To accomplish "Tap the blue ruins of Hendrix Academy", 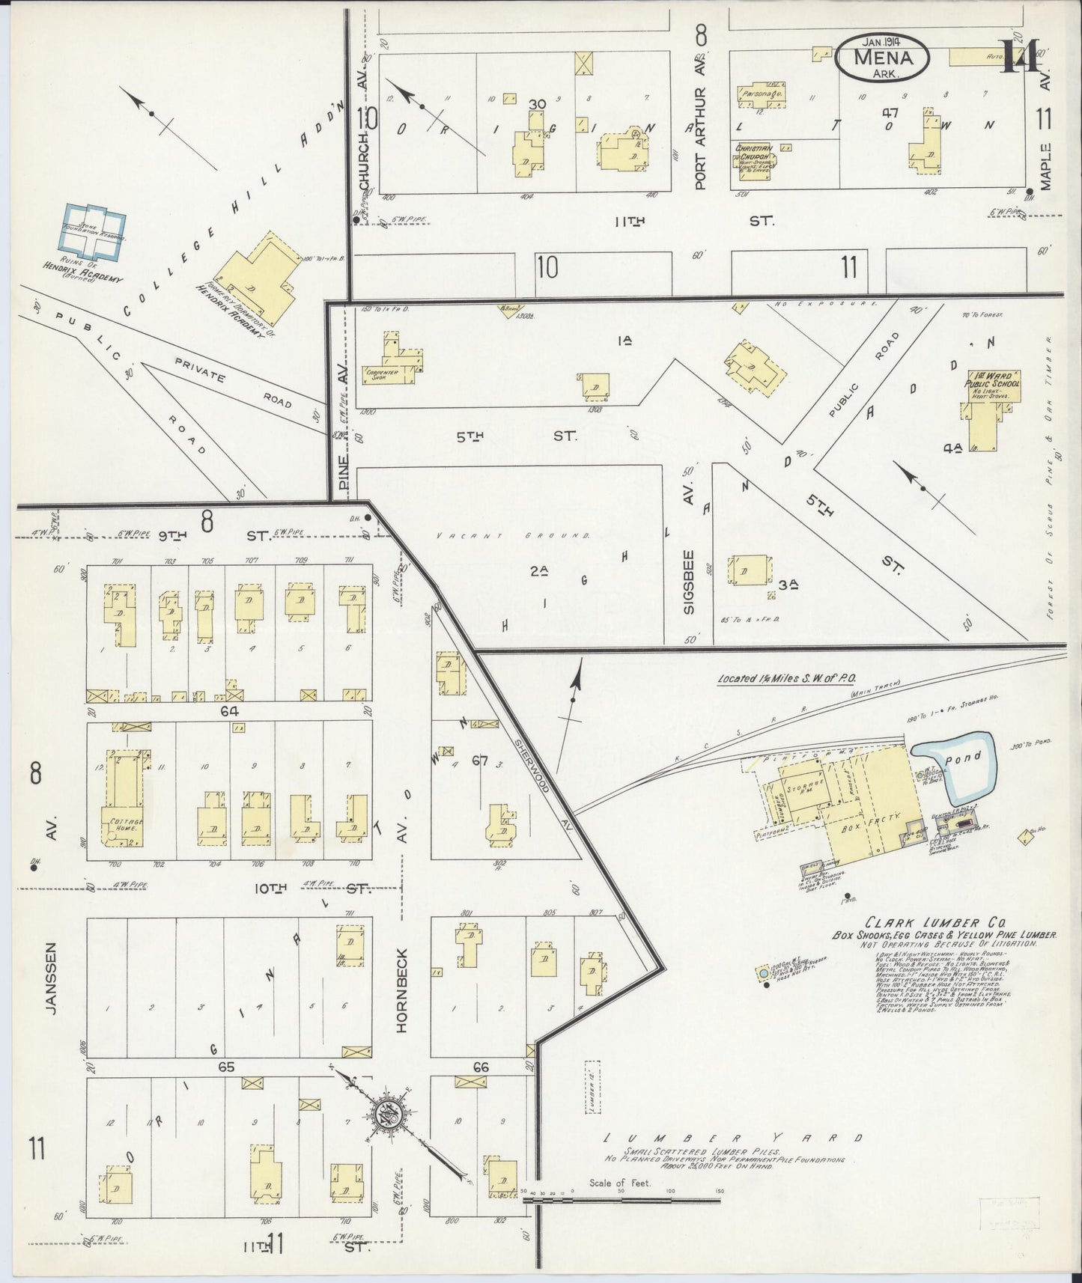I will [x=93, y=231].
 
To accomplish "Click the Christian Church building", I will [x=756, y=159].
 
